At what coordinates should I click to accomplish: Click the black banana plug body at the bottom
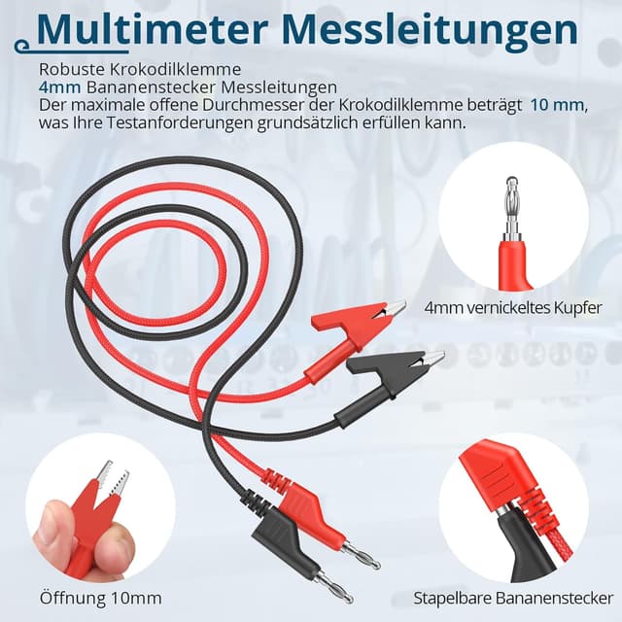[x=282, y=538]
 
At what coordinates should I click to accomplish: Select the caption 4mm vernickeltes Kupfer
[x=513, y=308]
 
